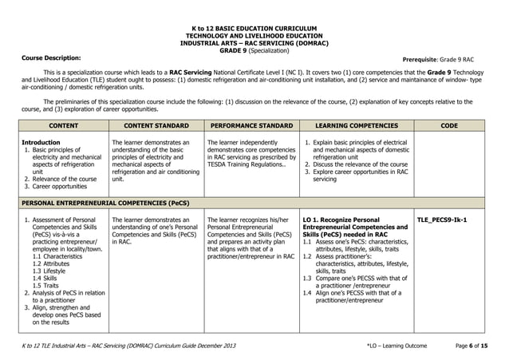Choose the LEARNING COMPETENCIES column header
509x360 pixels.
[356, 125]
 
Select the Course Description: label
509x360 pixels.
[50, 58]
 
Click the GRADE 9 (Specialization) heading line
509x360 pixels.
[254, 49]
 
